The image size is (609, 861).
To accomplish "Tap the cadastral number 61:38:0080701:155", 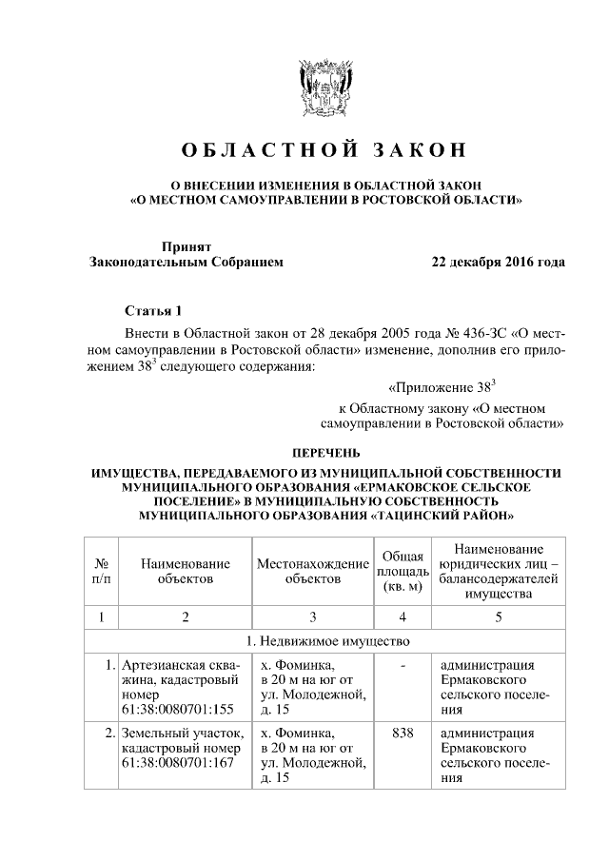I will tap(177, 709).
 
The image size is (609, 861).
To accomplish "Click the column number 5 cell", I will tap(497, 616).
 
